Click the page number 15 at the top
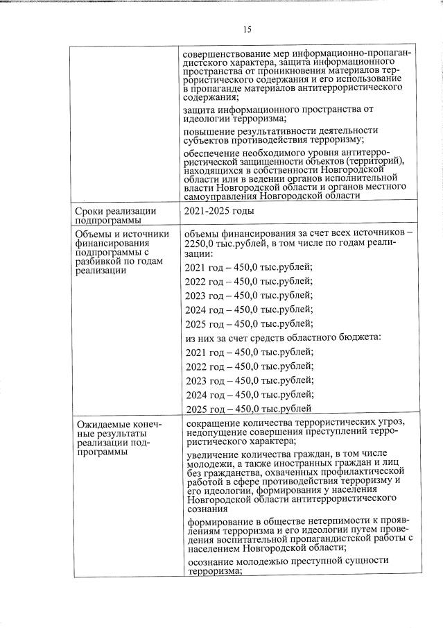click(247, 29)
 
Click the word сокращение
click(216, 423)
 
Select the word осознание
click(211, 560)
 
